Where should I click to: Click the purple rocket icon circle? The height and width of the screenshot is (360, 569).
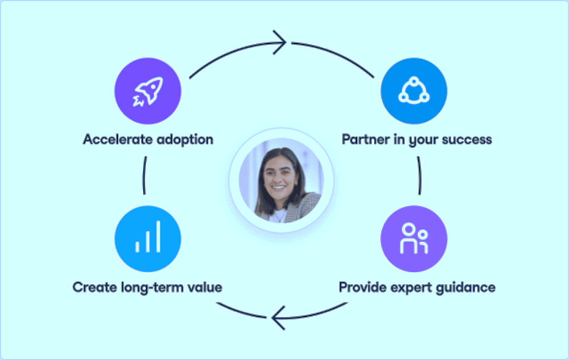(147, 91)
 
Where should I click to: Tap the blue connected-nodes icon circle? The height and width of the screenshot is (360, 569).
(414, 91)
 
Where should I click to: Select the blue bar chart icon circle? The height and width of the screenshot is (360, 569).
(148, 239)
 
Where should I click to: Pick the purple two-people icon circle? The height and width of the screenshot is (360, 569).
(414, 239)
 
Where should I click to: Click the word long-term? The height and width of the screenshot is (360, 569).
(149, 287)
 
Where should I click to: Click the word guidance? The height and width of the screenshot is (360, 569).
(467, 287)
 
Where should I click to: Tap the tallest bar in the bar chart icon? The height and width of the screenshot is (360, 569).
(158, 237)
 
